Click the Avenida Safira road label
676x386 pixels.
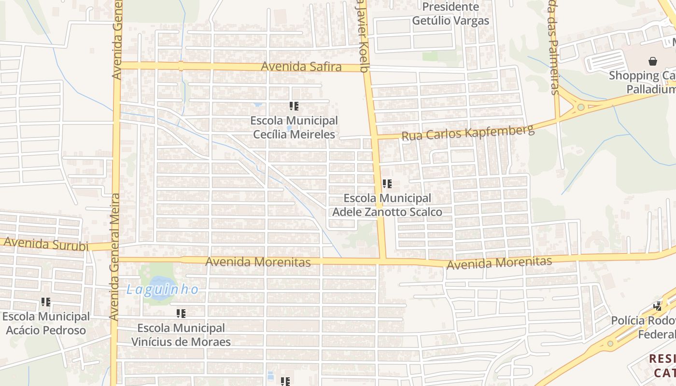click(x=301, y=67)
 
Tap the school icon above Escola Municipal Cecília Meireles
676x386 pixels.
click(x=294, y=106)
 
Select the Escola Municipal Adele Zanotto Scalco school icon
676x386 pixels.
click(x=387, y=184)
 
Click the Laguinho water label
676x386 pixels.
click(x=162, y=289)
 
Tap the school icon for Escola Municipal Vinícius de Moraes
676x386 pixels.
click(x=181, y=314)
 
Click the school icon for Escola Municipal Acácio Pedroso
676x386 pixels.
click(x=46, y=302)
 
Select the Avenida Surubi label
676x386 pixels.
click(x=46, y=244)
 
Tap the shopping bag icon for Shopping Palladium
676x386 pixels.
click(x=653, y=61)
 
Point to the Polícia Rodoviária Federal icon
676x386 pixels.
click(x=657, y=306)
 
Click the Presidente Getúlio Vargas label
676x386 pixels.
click(x=451, y=14)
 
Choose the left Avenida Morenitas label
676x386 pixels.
click(x=258, y=262)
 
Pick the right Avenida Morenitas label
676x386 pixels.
click(x=499, y=263)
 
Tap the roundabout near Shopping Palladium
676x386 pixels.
click(x=581, y=107)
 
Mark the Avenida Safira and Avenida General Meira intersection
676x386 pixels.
click(x=116, y=65)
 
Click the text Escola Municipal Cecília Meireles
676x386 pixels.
click(x=294, y=127)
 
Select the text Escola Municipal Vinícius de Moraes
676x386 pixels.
click(x=181, y=335)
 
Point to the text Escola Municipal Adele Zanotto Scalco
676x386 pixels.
click(x=387, y=205)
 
